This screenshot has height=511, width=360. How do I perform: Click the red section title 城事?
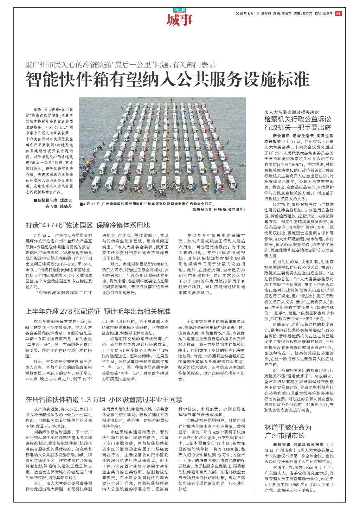point(180,20)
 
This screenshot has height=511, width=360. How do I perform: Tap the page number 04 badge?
point(338,13)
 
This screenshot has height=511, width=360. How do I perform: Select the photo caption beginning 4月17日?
point(147,204)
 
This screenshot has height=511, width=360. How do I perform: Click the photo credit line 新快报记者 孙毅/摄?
point(218,209)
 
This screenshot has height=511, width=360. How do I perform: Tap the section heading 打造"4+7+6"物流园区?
point(88,225)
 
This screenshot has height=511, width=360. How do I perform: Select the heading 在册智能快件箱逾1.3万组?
point(104,400)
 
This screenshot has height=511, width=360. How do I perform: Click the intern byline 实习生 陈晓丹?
point(58,206)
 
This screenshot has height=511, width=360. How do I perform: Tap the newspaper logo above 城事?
point(180,9)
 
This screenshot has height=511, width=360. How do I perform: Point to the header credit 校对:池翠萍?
point(323,13)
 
